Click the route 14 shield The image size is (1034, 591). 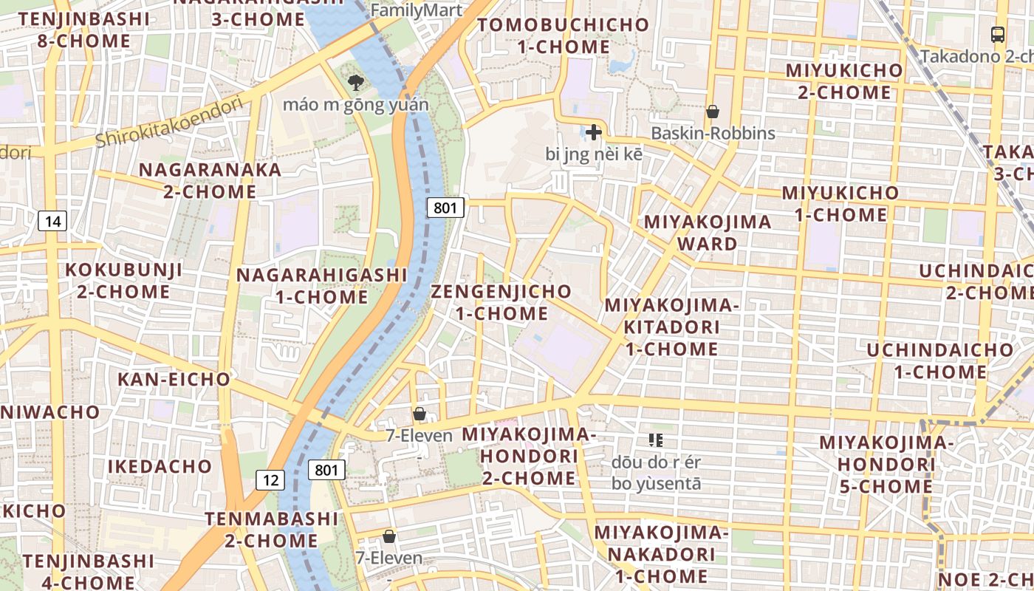point(52,220)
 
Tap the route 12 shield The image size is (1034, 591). point(271,480)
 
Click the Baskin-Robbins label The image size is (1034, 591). point(713,133)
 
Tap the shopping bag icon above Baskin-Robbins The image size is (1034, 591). point(713,112)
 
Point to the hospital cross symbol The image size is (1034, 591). point(593,133)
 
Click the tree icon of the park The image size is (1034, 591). point(355,82)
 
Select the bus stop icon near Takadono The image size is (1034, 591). point(997,34)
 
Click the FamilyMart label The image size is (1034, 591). point(417,10)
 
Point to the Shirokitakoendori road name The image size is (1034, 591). point(169,122)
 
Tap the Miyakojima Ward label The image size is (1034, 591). point(697,233)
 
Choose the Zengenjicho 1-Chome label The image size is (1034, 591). point(501,302)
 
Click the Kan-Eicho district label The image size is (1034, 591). point(174,380)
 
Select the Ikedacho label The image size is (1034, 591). point(160,467)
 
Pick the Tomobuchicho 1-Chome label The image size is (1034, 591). point(563,35)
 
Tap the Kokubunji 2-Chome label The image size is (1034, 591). point(124,281)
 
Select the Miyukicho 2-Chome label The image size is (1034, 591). point(843,81)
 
